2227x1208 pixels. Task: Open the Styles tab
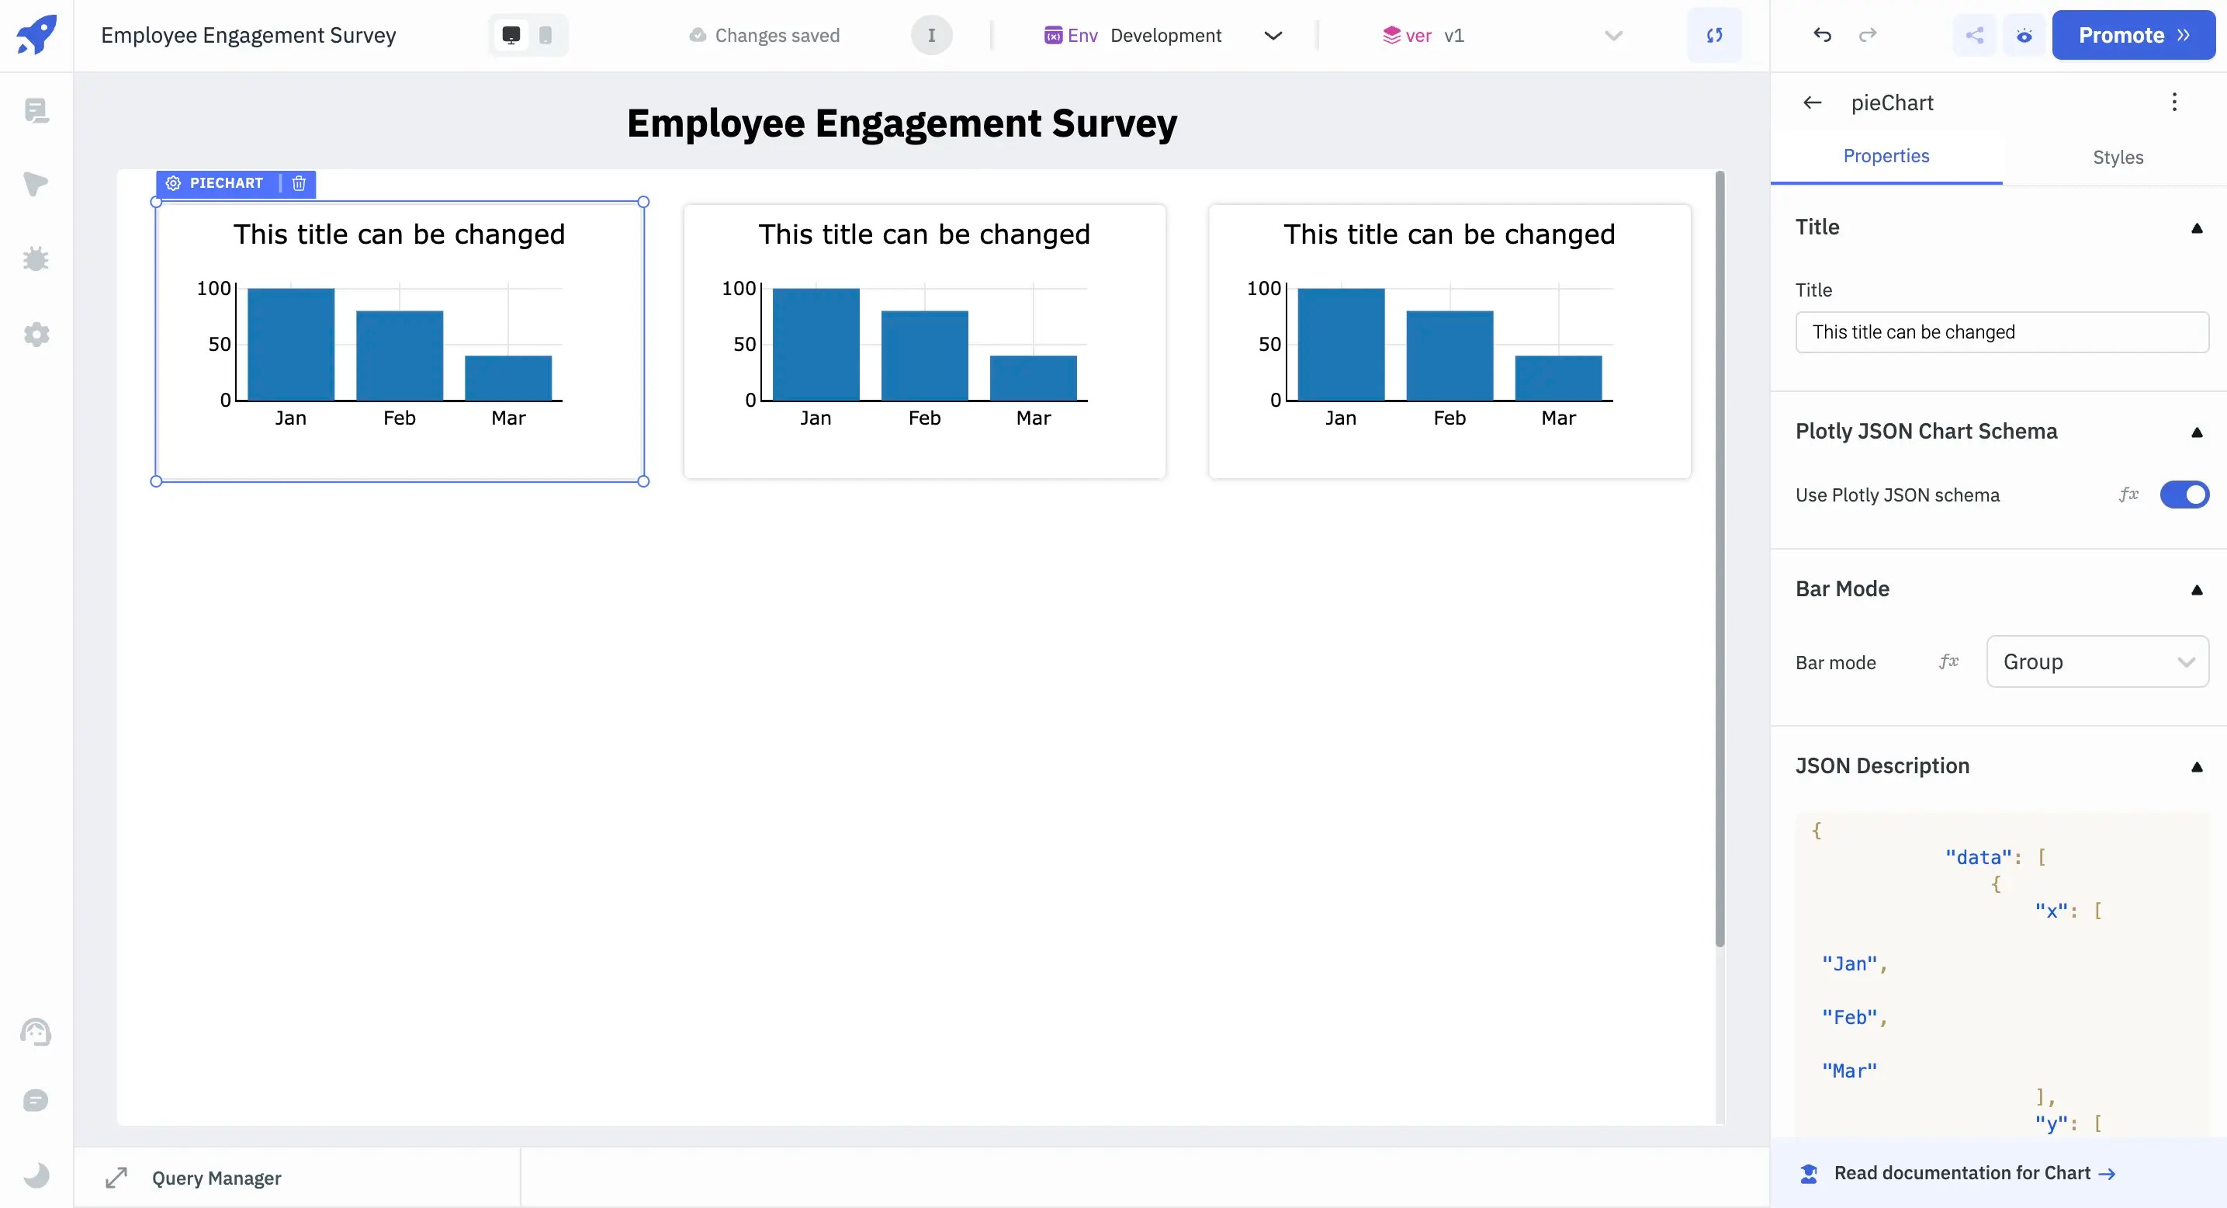tap(2118, 158)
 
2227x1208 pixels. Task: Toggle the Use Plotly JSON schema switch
tap(2184, 495)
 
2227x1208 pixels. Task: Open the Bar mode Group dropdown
tap(2097, 661)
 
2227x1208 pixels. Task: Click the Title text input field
tap(2000, 332)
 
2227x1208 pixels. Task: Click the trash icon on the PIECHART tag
tap(299, 183)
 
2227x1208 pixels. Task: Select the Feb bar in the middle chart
tap(924, 356)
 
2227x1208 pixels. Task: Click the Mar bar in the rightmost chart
tap(1558, 378)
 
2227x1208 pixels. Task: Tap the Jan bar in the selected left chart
tap(290, 344)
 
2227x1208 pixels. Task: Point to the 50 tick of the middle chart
tap(744, 344)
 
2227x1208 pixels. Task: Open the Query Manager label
tap(216, 1178)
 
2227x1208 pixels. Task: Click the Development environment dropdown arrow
tap(1273, 36)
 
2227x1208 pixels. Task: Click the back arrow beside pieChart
tap(1812, 103)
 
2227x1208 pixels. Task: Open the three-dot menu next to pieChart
tap(2173, 103)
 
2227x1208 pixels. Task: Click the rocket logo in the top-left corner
tap(36, 35)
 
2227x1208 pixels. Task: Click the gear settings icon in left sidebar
tap(36, 335)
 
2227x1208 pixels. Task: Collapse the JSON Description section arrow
tap(2196, 766)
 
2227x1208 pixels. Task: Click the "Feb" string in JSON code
tap(1849, 1017)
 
